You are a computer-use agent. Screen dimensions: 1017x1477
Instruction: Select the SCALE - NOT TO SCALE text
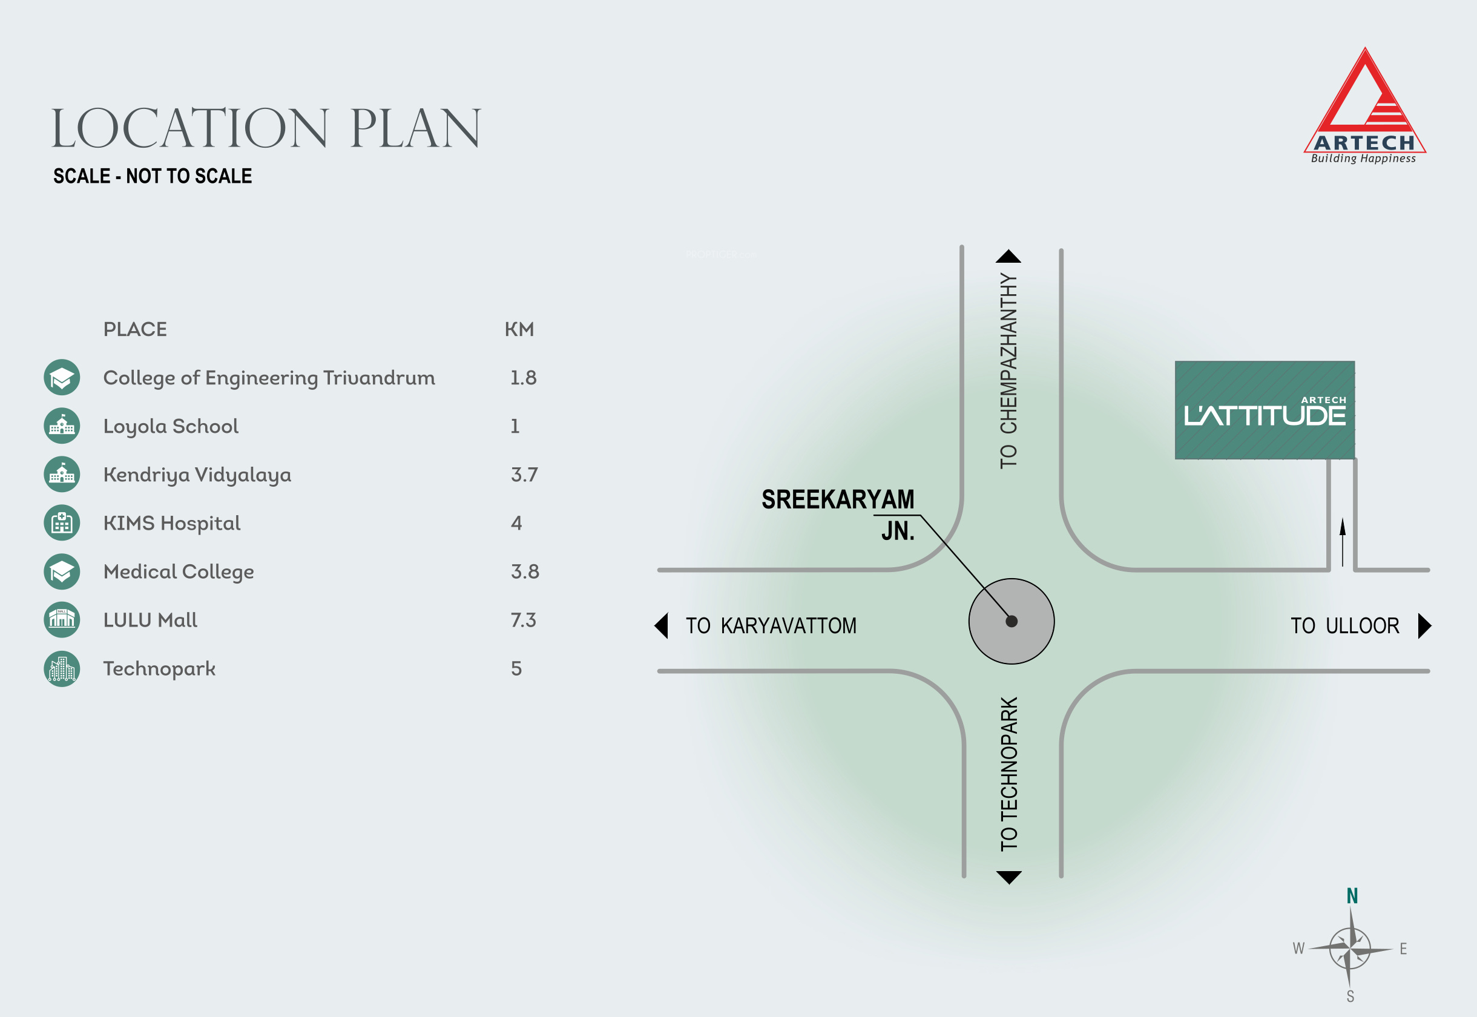[153, 176]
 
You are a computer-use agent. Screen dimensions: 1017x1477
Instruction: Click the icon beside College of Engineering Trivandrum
[62, 377]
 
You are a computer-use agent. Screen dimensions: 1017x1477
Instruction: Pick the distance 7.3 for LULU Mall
[523, 620]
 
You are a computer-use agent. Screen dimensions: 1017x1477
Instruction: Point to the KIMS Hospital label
[171, 523]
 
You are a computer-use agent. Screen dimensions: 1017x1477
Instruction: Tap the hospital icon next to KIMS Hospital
[62, 523]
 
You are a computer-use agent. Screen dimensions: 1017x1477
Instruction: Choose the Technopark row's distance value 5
[516, 668]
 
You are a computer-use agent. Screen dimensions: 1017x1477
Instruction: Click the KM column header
[519, 329]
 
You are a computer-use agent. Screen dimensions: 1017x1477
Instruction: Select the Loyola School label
[171, 426]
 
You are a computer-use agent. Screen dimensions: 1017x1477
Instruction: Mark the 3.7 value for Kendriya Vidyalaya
[524, 475]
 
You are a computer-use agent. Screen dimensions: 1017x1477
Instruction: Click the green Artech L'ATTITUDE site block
[1264, 410]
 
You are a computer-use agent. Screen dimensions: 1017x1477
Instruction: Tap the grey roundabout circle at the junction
[1012, 621]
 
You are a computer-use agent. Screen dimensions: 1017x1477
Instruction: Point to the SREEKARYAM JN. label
[838, 513]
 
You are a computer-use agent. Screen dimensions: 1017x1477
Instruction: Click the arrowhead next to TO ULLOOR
[1425, 626]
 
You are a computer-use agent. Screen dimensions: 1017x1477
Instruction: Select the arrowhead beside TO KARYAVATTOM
[662, 626]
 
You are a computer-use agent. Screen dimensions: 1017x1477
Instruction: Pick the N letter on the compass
[1352, 896]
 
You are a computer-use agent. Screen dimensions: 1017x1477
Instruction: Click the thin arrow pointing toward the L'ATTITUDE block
[1343, 542]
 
